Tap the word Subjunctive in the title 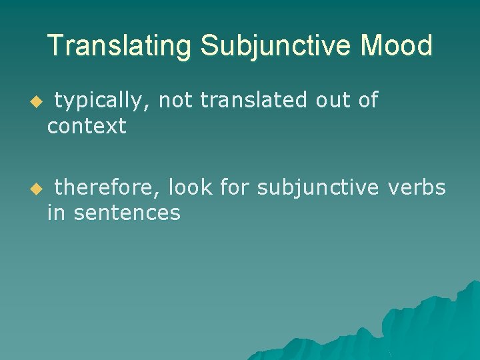pos(276,46)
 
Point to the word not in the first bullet pos(176,101)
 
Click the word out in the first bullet pos(331,101)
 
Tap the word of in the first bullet pos(367,101)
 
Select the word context pos(87,125)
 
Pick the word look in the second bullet pos(190,189)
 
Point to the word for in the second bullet pos(234,189)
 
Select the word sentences pos(127,213)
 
